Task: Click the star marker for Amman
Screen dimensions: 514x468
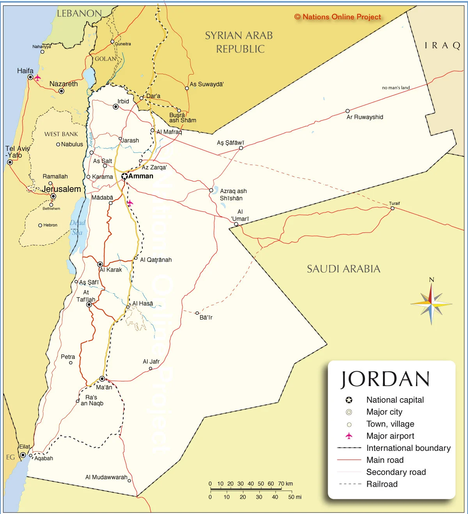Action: [x=124, y=176]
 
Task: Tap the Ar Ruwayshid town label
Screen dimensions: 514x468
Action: [x=365, y=117]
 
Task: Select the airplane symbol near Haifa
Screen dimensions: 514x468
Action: [x=37, y=78]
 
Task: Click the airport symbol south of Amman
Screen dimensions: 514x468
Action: [x=130, y=203]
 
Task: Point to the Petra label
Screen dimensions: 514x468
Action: [x=68, y=357]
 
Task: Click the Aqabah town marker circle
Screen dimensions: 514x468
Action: [x=31, y=456]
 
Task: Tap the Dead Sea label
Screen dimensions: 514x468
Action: [x=77, y=227]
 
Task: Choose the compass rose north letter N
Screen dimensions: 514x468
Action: [x=431, y=280]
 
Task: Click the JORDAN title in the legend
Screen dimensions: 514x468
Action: [x=385, y=379]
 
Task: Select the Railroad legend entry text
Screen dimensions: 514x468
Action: [x=382, y=484]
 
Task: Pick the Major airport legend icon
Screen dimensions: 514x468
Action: [x=349, y=436]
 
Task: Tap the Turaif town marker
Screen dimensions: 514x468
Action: [x=392, y=208]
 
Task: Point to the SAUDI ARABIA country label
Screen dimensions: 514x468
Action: [x=343, y=269]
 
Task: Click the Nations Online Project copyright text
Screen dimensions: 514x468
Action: [x=337, y=17]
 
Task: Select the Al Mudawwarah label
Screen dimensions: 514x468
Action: [x=106, y=477]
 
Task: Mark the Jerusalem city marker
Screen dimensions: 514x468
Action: [x=53, y=197]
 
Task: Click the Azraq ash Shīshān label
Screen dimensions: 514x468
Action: [x=233, y=195]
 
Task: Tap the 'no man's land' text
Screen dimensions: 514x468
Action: [x=395, y=88]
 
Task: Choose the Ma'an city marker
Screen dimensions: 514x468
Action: [x=102, y=379]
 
